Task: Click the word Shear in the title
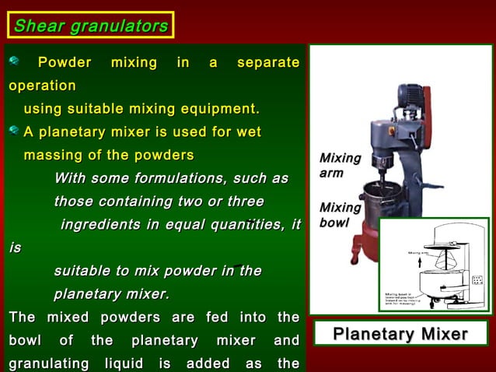tap(39, 26)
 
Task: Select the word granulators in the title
tap(119, 26)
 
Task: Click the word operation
tap(42, 85)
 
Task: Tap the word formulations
tap(175, 178)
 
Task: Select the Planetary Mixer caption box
tap(400, 335)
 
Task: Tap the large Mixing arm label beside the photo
tap(340, 166)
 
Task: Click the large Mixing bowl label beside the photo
tap(340, 215)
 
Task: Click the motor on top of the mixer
tap(408, 101)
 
